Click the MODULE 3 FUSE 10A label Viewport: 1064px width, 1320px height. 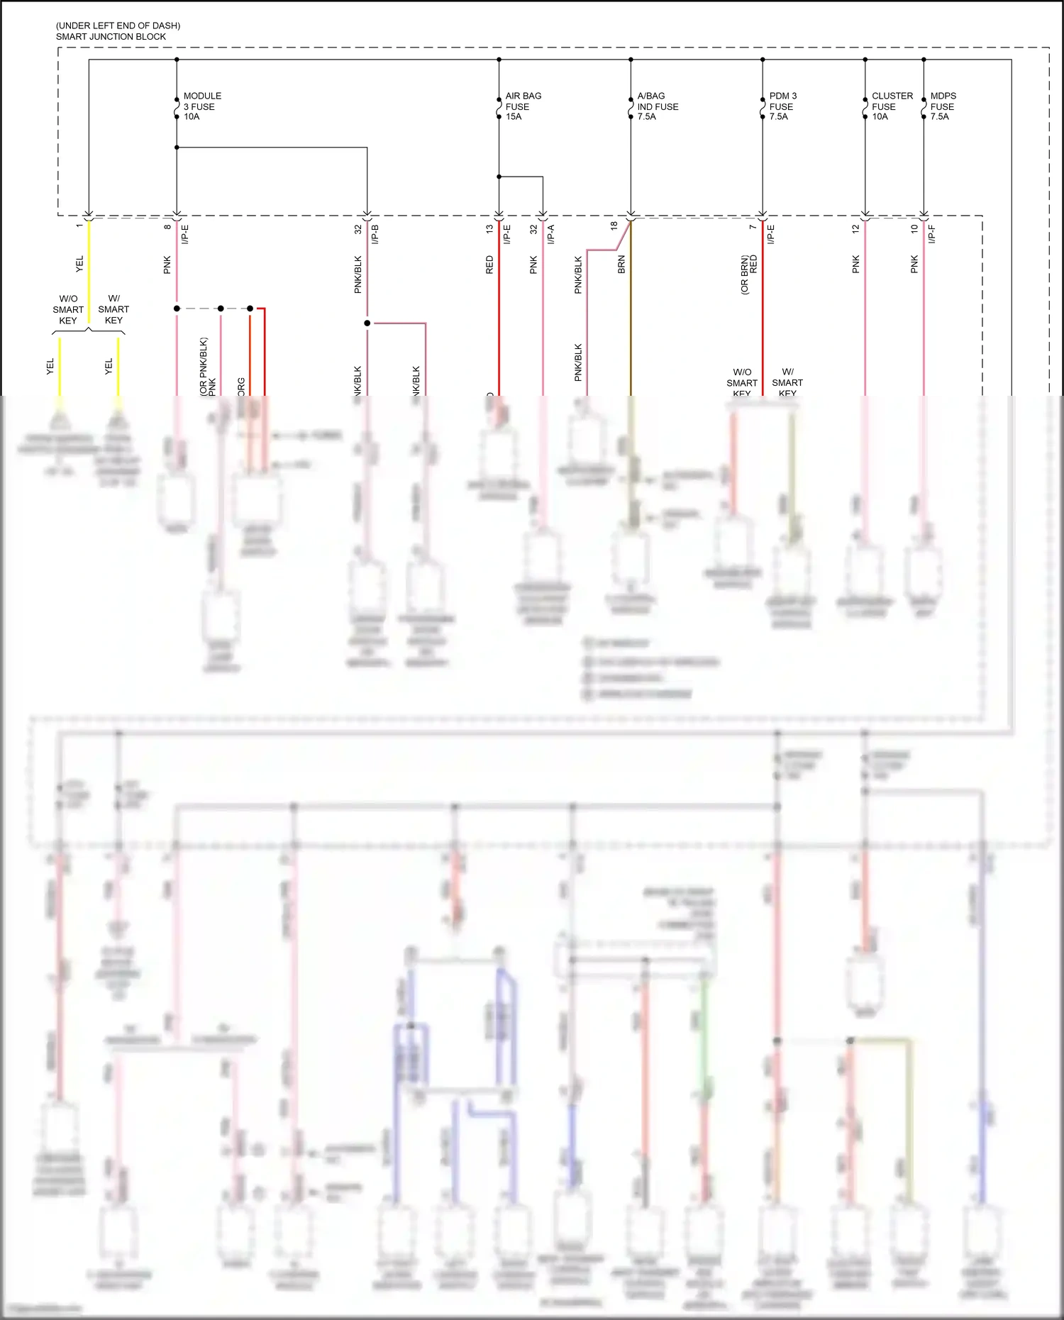[202, 106]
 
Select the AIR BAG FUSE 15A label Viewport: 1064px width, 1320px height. [523, 106]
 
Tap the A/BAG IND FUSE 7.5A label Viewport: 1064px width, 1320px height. [658, 106]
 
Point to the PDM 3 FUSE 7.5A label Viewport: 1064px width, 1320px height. [783, 106]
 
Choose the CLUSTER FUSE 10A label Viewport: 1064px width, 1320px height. [892, 106]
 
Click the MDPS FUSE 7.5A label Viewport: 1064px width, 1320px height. [943, 106]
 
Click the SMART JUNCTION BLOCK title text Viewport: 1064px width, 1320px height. [111, 37]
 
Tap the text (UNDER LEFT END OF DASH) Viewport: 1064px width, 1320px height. [118, 26]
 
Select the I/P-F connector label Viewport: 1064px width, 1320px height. [932, 234]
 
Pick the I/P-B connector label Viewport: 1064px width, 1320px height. [375, 234]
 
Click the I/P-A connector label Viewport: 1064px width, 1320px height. [551, 234]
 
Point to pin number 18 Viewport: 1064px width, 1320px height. [614, 226]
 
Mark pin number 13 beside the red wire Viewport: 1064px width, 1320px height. [489, 229]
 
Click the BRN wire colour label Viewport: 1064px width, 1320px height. [621, 265]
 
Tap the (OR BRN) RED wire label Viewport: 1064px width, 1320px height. [749, 274]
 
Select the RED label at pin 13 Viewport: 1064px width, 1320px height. [489, 265]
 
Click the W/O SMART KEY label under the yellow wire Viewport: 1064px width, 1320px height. [68, 310]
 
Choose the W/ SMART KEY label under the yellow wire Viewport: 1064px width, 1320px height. [113, 310]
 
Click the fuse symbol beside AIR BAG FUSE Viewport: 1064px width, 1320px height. [499, 107]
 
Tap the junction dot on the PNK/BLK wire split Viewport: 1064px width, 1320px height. [367, 323]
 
